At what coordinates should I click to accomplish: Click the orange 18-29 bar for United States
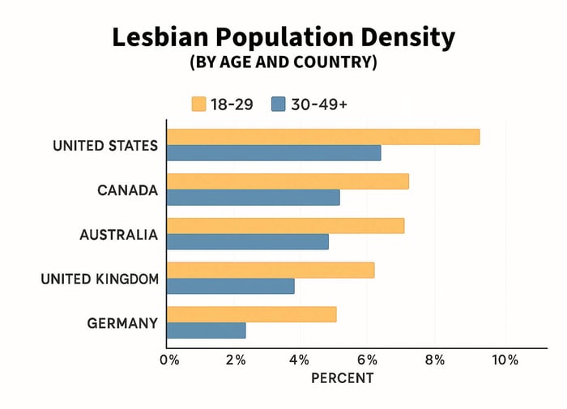[323, 137]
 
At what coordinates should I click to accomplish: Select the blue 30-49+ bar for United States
[274, 153]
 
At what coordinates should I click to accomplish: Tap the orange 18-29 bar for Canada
[288, 181]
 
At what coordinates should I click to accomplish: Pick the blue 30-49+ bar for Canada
[254, 198]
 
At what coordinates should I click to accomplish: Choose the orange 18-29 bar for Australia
[285, 226]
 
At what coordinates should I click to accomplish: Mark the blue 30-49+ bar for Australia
[248, 241]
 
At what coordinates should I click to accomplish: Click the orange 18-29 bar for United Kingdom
[271, 271]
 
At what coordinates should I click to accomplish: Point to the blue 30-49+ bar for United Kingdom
[231, 286]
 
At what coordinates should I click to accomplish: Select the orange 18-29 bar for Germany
[251, 314]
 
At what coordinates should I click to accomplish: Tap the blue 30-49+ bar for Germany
[207, 330]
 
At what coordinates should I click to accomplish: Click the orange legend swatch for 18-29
[198, 104]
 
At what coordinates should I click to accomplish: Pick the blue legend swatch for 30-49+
[279, 104]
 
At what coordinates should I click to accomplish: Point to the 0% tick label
[169, 360]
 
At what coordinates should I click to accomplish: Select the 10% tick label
[504, 360]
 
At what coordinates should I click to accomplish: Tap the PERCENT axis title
[343, 378]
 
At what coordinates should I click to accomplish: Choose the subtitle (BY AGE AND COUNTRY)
[283, 63]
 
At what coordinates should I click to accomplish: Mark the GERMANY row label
[122, 323]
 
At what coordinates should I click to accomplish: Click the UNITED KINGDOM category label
[100, 279]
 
